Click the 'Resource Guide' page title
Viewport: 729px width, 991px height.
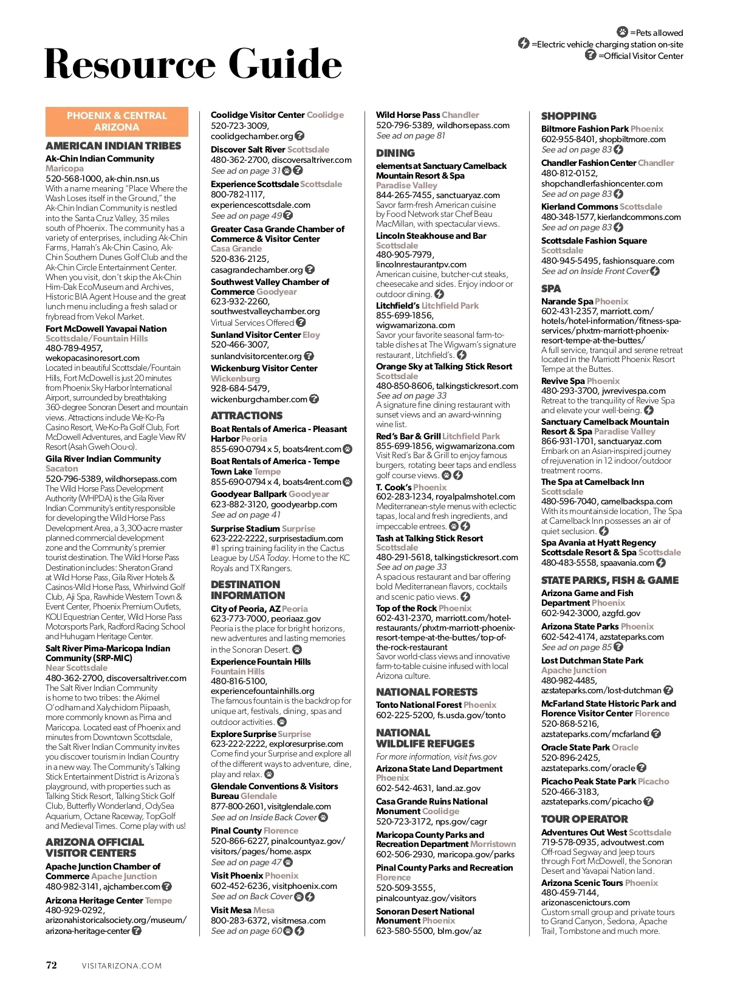193,64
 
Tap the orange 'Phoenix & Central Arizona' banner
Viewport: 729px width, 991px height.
117,122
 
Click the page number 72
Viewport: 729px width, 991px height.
52,965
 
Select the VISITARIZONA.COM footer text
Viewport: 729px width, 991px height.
122,965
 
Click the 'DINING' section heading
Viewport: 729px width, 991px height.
395,153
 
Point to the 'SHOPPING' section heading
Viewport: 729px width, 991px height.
569,116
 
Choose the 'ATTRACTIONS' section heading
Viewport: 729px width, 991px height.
247,416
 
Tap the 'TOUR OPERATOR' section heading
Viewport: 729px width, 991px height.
584,819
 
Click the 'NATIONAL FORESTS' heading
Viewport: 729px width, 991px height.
426,692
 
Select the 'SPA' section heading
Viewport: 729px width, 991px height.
551,289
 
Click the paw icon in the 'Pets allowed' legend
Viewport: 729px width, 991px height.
622,32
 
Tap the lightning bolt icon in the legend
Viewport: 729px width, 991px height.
524,43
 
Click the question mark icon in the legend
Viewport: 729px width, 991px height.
590,55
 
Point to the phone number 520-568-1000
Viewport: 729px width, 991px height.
73,179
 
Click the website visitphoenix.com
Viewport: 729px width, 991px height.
305,886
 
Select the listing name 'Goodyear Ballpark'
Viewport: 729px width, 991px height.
249,494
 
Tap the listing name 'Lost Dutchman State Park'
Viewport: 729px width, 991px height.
592,660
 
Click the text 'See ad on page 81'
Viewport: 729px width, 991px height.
411,135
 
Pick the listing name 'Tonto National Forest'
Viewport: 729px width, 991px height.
419,705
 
